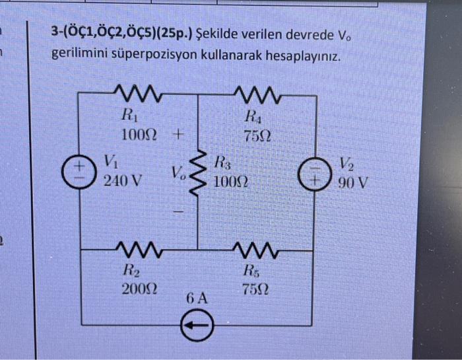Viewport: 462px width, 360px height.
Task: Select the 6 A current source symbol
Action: coord(197,324)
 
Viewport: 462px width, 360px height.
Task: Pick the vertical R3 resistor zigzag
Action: coord(198,173)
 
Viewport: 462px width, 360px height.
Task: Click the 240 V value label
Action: coord(122,180)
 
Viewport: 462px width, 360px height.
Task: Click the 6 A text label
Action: coord(197,299)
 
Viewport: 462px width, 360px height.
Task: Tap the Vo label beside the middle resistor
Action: coord(176,174)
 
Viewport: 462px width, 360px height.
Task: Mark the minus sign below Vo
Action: coord(178,213)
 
